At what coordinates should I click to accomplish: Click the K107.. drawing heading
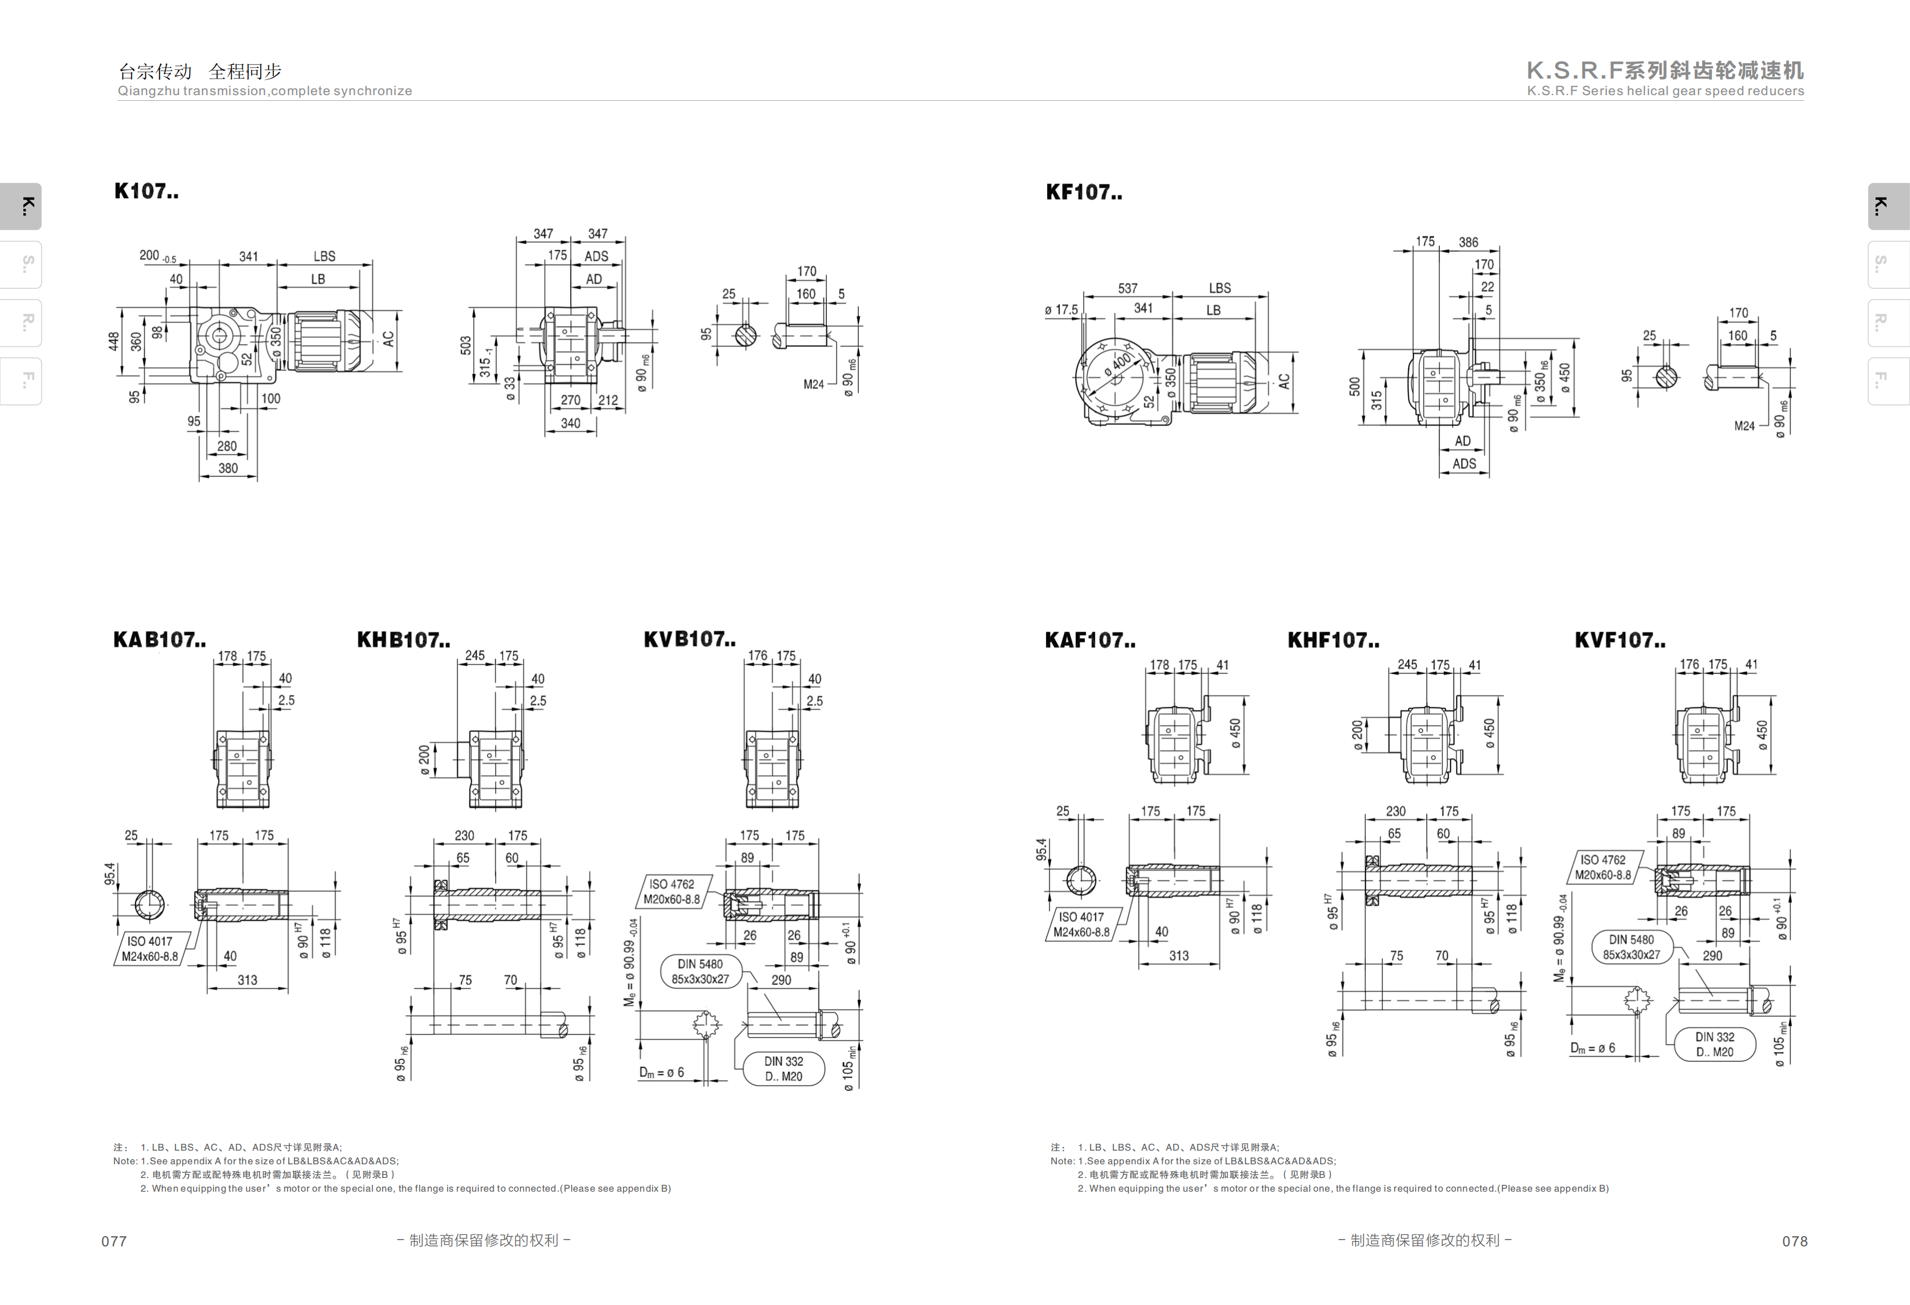pyautogui.click(x=146, y=191)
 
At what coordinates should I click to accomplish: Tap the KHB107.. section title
pyautogui.click(x=404, y=640)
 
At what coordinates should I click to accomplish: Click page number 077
pyautogui.click(x=114, y=1241)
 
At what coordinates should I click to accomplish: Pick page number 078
pyautogui.click(x=1795, y=1241)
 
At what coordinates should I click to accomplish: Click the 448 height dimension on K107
pyautogui.click(x=113, y=341)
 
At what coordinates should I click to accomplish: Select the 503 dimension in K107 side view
pyautogui.click(x=466, y=345)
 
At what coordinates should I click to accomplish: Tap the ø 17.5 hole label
pyautogui.click(x=1061, y=310)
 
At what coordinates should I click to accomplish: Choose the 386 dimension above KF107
pyautogui.click(x=1468, y=243)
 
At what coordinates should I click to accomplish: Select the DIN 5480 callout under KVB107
pyautogui.click(x=700, y=971)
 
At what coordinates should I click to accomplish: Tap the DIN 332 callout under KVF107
pyautogui.click(x=1715, y=1044)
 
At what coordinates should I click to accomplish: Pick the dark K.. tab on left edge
pyautogui.click(x=21, y=206)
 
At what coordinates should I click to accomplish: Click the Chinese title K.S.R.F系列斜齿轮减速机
pyautogui.click(x=1665, y=71)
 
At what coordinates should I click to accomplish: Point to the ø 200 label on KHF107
pyautogui.click(x=1357, y=736)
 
